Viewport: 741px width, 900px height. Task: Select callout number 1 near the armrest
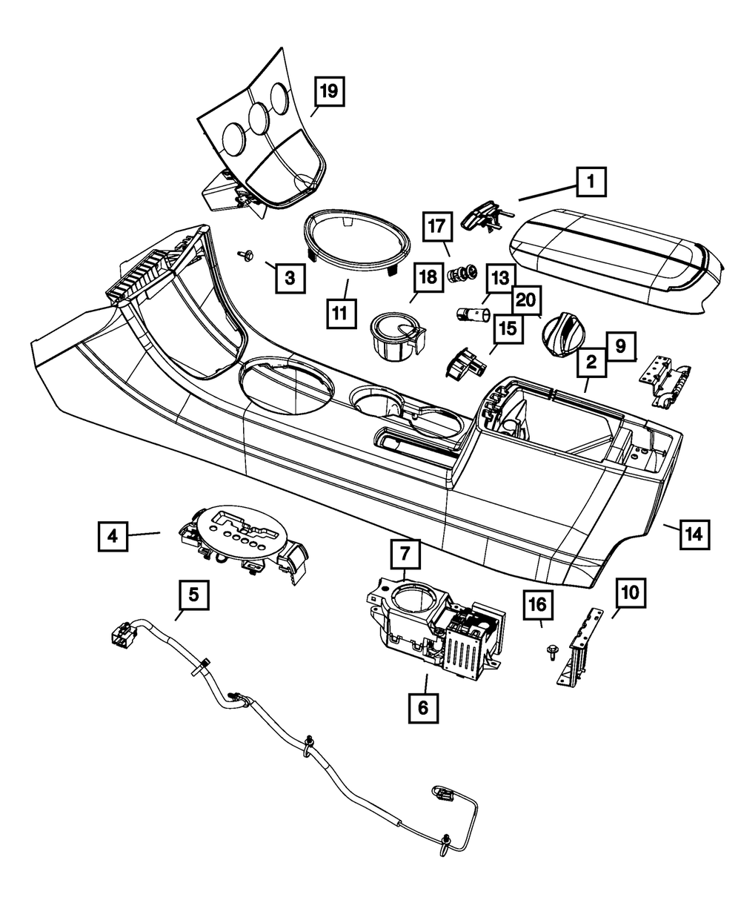[590, 180]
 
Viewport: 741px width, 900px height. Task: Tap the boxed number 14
[694, 533]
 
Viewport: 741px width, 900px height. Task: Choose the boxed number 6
[422, 707]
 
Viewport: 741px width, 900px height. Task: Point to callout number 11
[339, 314]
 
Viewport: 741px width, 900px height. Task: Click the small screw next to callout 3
[245, 255]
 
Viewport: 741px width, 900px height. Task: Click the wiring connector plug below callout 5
[122, 635]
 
